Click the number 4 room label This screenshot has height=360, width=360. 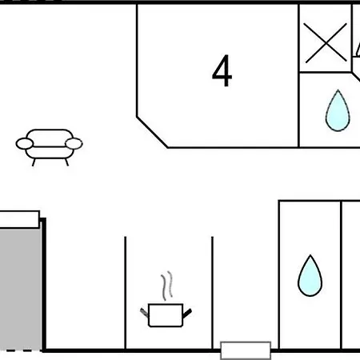tap(222, 70)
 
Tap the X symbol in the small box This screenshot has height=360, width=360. tap(326, 43)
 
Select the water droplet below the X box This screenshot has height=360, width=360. tap(338, 110)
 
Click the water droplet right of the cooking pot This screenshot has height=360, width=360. tap(310, 276)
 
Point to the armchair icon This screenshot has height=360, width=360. tap(49, 147)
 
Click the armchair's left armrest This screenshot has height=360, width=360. tap(25, 144)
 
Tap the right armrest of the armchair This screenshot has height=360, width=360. tap(74, 144)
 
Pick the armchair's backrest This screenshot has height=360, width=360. tap(50, 138)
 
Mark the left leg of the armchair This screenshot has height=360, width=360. tap(34, 162)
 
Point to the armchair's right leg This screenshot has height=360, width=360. tap(66, 162)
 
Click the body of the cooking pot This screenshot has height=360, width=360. tap(166, 315)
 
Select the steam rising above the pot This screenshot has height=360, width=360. tap(166, 286)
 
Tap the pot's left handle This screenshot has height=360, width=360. tap(144, 312)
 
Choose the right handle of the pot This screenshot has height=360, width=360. tap(187, 313)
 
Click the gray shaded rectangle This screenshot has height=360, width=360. tap(21, 289)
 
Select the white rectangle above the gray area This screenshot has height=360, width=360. tap(20, 219)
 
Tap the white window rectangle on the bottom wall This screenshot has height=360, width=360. tap(246, 350)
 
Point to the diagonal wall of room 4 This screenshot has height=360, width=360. tap(152, 132)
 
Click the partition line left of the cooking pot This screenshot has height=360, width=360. tap(125, 293)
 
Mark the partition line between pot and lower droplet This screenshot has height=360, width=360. tap(212, 293)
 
